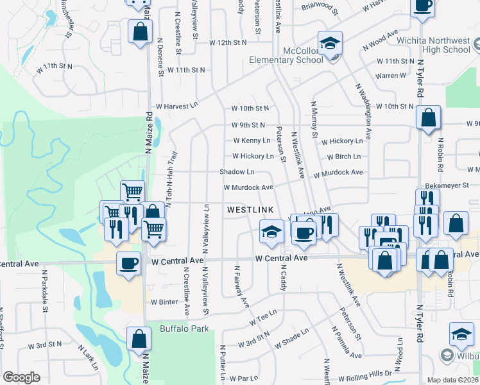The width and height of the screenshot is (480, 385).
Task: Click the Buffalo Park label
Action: point(184,329)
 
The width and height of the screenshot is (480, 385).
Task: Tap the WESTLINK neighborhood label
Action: point(250,210)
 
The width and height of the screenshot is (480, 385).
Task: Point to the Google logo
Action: point(21,377)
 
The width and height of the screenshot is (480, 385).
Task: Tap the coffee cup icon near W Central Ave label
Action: point(128,263)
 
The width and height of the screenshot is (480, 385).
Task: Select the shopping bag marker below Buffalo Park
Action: point(139,338)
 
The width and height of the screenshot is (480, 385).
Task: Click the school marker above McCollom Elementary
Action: point(330,43)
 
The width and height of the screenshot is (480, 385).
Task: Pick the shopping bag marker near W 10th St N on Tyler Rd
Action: point(428,117)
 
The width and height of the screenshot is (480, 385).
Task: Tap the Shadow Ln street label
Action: point(237,172)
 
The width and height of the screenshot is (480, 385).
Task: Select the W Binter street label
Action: point(164,302)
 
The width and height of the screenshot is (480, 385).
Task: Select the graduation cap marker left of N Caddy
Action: point(271,230)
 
